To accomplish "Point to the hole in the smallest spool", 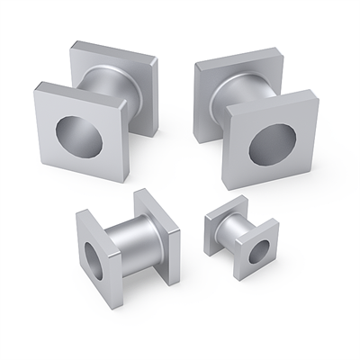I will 257,252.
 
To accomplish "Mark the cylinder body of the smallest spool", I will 233,233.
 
